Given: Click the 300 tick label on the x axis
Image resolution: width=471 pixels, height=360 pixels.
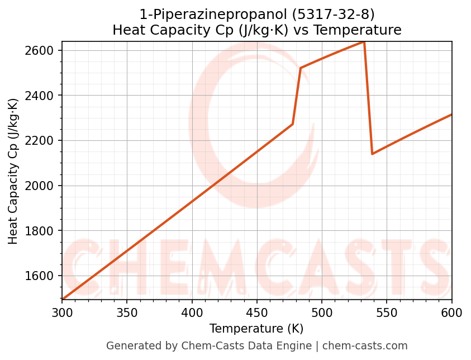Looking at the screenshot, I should click(62, 312).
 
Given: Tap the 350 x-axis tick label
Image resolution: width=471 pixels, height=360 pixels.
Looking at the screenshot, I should click(127, 312).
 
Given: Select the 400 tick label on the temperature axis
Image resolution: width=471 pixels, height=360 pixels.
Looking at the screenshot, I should click(192, 312).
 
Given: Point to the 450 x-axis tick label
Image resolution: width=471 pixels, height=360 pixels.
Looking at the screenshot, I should click(257, 312).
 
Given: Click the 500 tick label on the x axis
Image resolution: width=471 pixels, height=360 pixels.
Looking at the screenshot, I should click(322, 312).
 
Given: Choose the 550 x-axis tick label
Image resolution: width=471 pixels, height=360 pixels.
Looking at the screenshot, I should click(387, 312).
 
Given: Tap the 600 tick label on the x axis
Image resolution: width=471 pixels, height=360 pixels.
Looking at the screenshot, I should click(451, 312).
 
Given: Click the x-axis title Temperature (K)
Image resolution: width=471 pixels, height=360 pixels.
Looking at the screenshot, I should click(256, 329).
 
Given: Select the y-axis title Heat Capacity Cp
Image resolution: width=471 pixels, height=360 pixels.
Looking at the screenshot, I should click(13, 170).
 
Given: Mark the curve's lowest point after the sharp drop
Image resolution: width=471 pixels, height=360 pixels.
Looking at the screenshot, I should click(372, 154).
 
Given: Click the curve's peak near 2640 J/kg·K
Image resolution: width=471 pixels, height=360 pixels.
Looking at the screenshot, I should click(364, 42).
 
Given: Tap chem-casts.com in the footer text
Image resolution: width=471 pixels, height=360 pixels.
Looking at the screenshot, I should click(365, 346).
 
